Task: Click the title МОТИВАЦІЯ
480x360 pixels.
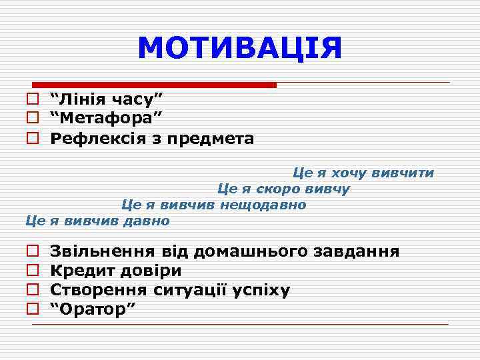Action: [x=239, y=48]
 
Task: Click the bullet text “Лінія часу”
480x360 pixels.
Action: [x=107, y=99]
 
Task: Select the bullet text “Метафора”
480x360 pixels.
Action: [x=107, y=119]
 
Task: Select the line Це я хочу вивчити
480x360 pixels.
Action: [x=363, y=173]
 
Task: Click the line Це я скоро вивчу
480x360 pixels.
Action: [x=283, y=189]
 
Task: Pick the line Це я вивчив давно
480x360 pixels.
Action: [x=97, y=220]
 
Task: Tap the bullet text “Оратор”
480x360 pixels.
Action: [x=93, y=309]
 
